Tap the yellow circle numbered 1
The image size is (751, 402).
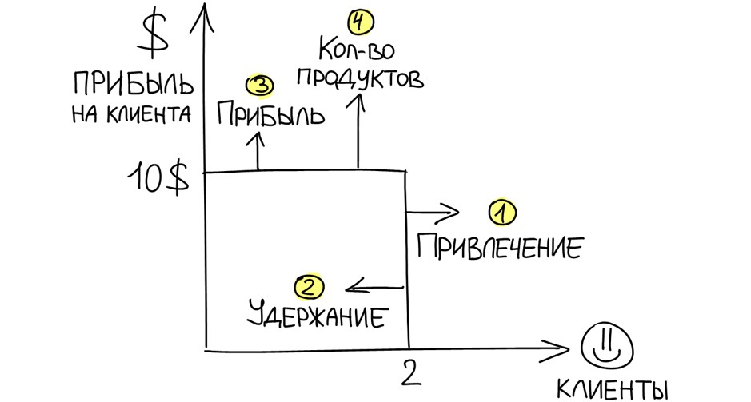[502, 213]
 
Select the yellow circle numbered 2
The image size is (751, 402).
[310, 285]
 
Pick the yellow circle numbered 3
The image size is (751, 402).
[260, 86]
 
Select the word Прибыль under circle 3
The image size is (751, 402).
[270, 116]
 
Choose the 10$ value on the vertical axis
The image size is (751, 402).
[159, 179]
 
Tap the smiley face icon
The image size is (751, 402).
[606, 344]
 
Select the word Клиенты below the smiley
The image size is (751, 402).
[612, 389]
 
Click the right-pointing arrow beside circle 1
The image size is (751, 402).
[434, 213]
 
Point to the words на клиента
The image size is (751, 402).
[130, 115]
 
